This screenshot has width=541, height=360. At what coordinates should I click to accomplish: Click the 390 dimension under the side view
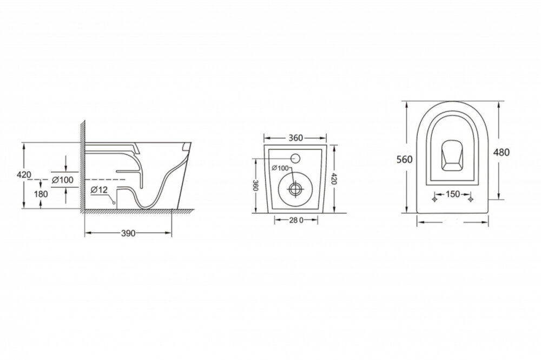pyautogui.click(x=128, y=234)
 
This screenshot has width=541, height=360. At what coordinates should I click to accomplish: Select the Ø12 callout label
pyautogui.click(x=100, y=190)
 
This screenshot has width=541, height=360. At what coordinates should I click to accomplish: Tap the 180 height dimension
pyautogui.click(x=41, y=194)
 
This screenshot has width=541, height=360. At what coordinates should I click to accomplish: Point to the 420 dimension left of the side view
pyautogui.click(x=24, y=175)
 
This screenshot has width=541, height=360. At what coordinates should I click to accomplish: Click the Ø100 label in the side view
pyautogui.click(x=62, y=180)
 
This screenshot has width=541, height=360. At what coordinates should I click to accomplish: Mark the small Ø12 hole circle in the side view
pyautogui.click(x=114, y=204)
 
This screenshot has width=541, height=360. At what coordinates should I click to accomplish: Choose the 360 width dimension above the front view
pyautogui.click(x=295, y=138)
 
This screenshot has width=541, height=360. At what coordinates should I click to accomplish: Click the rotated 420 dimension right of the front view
pyautogui.click(x=334, y=179)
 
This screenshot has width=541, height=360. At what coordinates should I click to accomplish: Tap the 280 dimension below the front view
pyautogui.click(x=296, y=220)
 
